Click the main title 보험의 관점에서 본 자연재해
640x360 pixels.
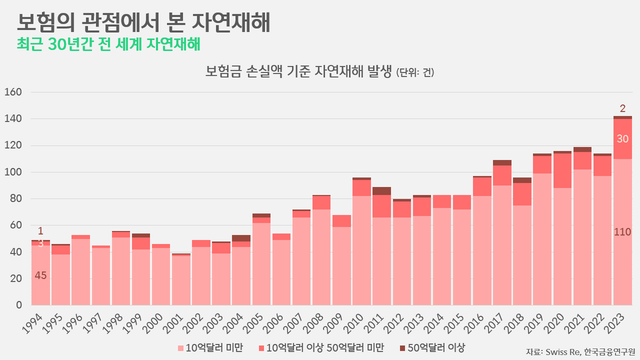(143, 22)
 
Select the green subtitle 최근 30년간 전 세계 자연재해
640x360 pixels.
(108, 44)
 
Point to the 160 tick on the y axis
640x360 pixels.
(13, 92)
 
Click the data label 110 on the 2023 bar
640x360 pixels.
(622, 232)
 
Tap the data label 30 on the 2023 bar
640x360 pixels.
(622, 139)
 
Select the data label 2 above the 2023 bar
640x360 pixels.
(622, 108)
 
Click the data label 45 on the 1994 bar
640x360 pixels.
(40, 275)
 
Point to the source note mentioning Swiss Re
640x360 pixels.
(580, 351)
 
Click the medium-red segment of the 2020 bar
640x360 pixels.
(562, 170)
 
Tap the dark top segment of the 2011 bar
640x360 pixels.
(381, 191)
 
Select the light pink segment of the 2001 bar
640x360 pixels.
(181, 280)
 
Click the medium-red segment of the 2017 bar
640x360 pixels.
(502, 175)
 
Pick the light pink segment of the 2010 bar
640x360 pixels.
(361, 250)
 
